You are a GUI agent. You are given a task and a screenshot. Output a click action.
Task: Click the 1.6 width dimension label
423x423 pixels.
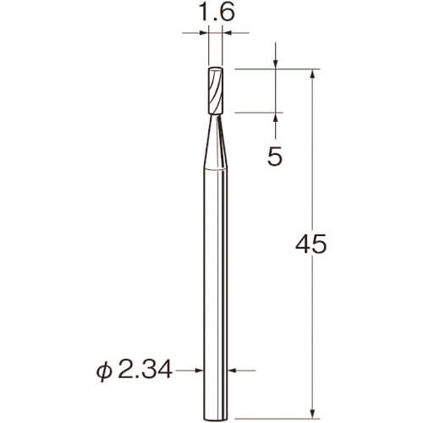[x=217, y=13]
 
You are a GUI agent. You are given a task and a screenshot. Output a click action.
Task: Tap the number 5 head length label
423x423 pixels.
[x=275, y=156]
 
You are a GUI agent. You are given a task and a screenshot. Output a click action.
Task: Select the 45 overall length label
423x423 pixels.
[x=310, y=244]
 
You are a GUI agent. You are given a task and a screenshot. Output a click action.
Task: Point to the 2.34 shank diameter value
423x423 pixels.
[x=145, y=370]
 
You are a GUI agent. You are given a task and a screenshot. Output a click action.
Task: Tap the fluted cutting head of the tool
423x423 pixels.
[x=216, y=91]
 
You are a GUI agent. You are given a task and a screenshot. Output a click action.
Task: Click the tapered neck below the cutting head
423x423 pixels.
[x=216, y=142]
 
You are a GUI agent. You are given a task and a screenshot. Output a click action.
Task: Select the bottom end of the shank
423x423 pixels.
[x=216, y=419]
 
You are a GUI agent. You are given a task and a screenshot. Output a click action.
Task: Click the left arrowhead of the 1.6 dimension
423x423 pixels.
[x=204, y=33]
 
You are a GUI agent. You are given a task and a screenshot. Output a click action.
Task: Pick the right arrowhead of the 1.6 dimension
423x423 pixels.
[x=227, y=33]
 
